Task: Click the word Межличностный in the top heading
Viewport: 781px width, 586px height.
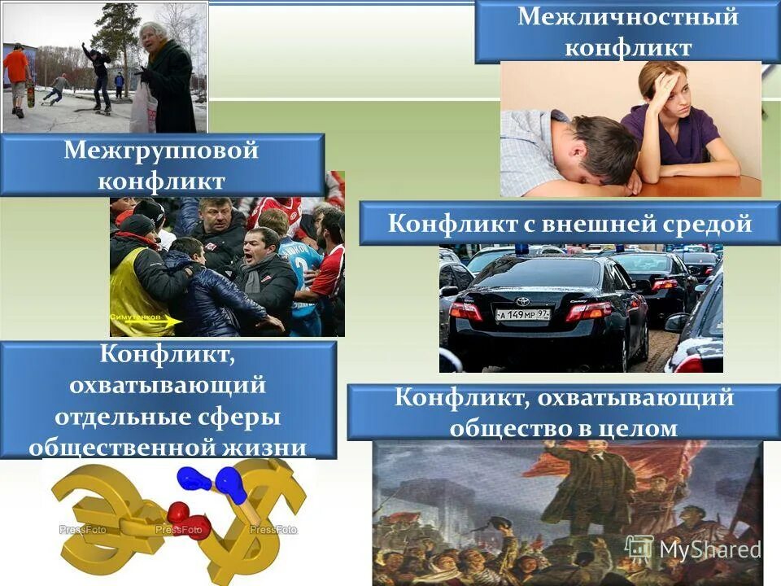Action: tap(627, 17)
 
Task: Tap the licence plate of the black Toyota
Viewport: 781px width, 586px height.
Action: tap(522, 314)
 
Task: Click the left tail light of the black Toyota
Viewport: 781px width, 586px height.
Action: tap(466, 311)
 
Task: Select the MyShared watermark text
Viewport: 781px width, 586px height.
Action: tap(709, 549)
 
